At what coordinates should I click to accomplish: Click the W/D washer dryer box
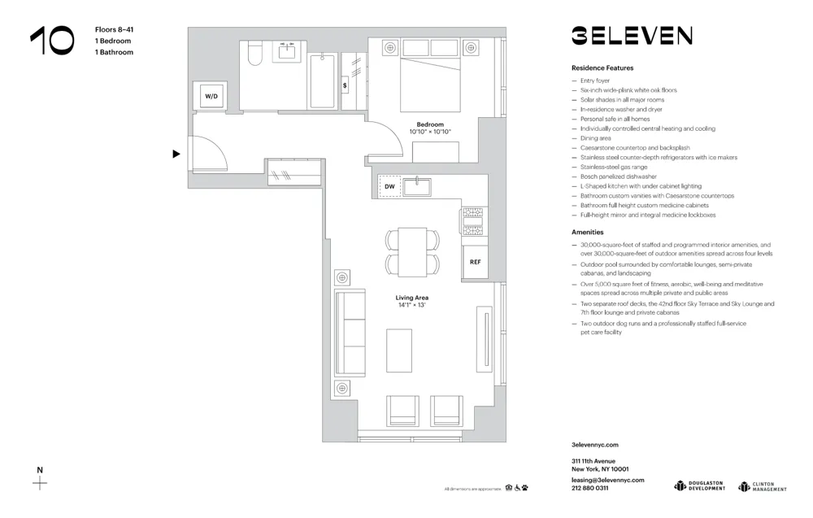coord(211,96)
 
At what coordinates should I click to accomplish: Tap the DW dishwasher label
coord(389,187)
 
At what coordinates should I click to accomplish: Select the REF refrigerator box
coord(476,263)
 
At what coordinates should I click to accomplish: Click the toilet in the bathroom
coord(254,54)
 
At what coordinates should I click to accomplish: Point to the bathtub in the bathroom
coord(323,80)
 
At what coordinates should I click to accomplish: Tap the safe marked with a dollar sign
coord(346,85)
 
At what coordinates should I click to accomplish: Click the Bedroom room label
coord(430,124)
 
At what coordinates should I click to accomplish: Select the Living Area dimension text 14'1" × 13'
coord(413,305)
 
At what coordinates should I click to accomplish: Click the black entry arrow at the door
coord(176,154)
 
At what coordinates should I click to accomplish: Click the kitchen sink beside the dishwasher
coord(417,186)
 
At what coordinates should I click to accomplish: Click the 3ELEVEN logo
coord(631,36)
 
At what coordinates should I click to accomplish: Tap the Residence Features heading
coord(602,68)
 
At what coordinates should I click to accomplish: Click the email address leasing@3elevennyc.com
coord(607,480)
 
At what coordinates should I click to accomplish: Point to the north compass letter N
coord(39,469)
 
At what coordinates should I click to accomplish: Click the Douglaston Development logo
coord(699,485)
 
